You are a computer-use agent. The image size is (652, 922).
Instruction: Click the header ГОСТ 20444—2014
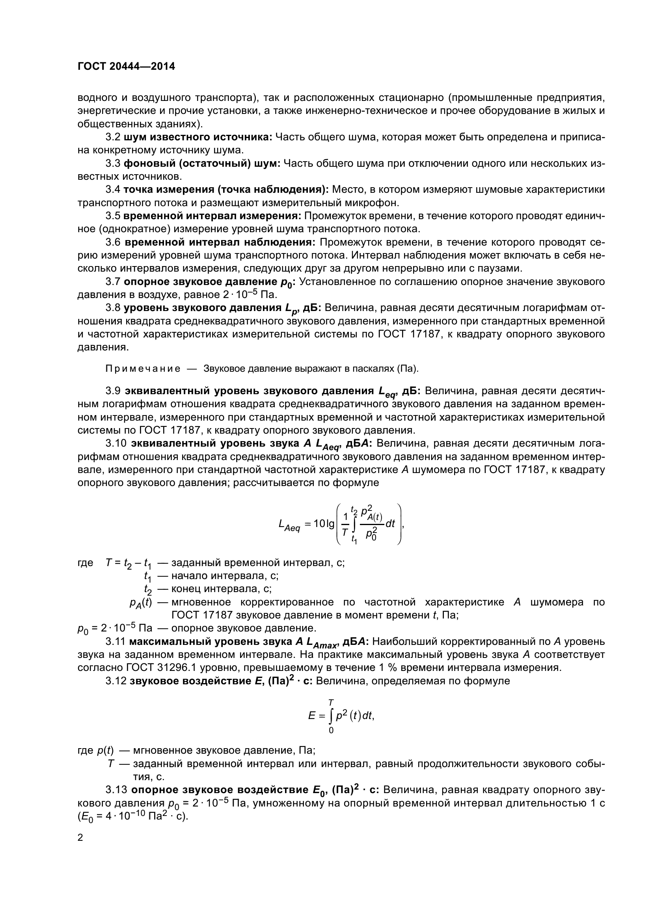pos(126,66)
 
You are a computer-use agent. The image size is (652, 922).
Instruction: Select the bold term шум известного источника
pos(198,137)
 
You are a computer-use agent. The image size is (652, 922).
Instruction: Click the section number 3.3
pos(113,164)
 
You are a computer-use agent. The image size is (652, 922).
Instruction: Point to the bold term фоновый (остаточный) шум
pos(201,164)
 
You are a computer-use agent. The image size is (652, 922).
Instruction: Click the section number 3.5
pos(113,216)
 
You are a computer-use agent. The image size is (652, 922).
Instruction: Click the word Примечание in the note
pos(143,368)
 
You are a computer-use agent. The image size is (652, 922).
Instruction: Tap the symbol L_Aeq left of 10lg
pos(289,525)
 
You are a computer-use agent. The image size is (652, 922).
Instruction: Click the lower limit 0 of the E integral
pos(331,730)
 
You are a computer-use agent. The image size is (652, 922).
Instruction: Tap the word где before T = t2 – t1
pos(85,563)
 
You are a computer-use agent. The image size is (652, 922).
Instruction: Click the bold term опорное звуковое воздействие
pos(220,790)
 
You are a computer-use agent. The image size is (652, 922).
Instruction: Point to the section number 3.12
pos(115,681)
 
